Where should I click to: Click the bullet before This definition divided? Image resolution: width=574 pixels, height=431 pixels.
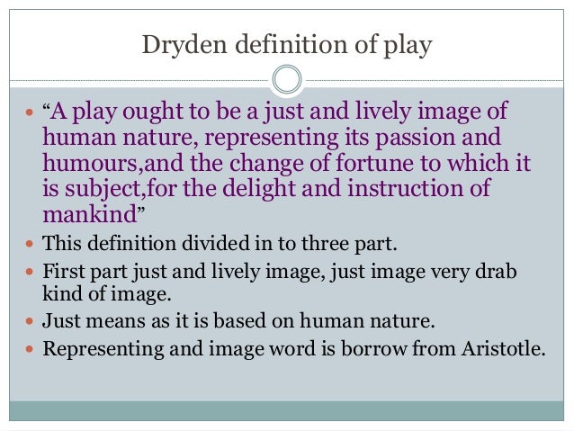pos(32,245)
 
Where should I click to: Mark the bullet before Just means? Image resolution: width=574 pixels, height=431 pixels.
pos(32,319)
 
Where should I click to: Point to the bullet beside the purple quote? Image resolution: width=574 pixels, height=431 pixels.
pos(32,114)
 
